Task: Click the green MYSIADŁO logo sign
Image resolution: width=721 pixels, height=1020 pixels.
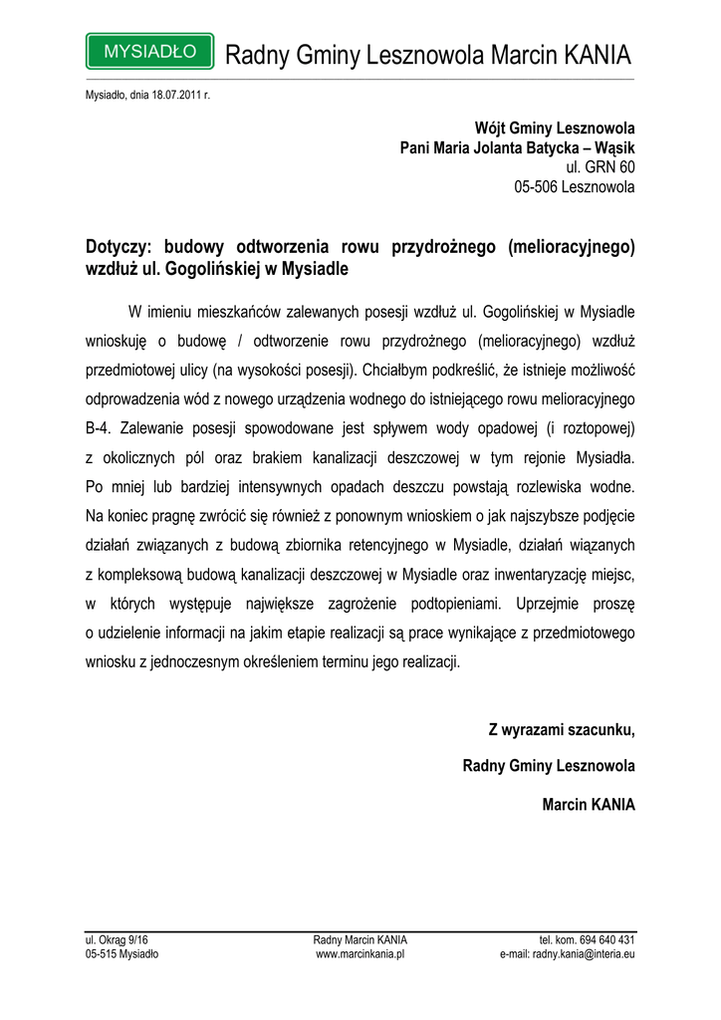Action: (x=149, y=51)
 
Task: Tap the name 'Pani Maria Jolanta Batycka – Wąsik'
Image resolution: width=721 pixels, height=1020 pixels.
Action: (x=517, y=147)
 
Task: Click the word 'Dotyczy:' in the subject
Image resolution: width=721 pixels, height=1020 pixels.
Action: (x=120, y=246)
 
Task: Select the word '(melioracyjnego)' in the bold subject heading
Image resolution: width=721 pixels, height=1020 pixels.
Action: (x=572, y=246)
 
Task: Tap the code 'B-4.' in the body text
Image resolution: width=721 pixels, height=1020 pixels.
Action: (x=101, y=427)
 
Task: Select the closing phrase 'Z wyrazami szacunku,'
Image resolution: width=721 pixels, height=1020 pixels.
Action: (x=561, y=730)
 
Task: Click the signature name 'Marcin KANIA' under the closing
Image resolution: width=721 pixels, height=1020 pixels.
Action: (x=588, y=804)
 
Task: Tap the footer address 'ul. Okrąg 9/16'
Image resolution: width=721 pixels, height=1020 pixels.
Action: (x=117, y=939)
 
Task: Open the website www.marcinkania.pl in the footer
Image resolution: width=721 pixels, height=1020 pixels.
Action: (x=360, y=953)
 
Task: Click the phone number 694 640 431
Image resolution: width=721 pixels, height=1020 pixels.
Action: (x=605, y=939)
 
